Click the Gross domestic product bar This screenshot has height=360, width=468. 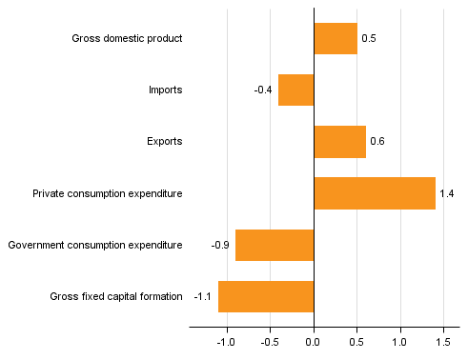point(336,39)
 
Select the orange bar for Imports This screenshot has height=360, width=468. point(295,90)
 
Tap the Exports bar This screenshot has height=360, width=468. point(339,142)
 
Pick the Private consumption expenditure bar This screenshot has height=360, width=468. point(375,193)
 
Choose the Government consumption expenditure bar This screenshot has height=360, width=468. point(275,245)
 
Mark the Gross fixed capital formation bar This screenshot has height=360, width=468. point(266,296)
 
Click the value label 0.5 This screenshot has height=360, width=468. point(369,39)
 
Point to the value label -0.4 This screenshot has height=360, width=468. point(263,90)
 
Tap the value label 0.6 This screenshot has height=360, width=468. point(377,142)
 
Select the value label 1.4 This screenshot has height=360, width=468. point(447,193)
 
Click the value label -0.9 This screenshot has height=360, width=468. point(220,245)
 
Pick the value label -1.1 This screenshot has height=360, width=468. point(203,296)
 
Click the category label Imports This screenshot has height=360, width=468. point(165,90)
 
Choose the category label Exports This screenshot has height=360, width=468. point(165,142)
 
